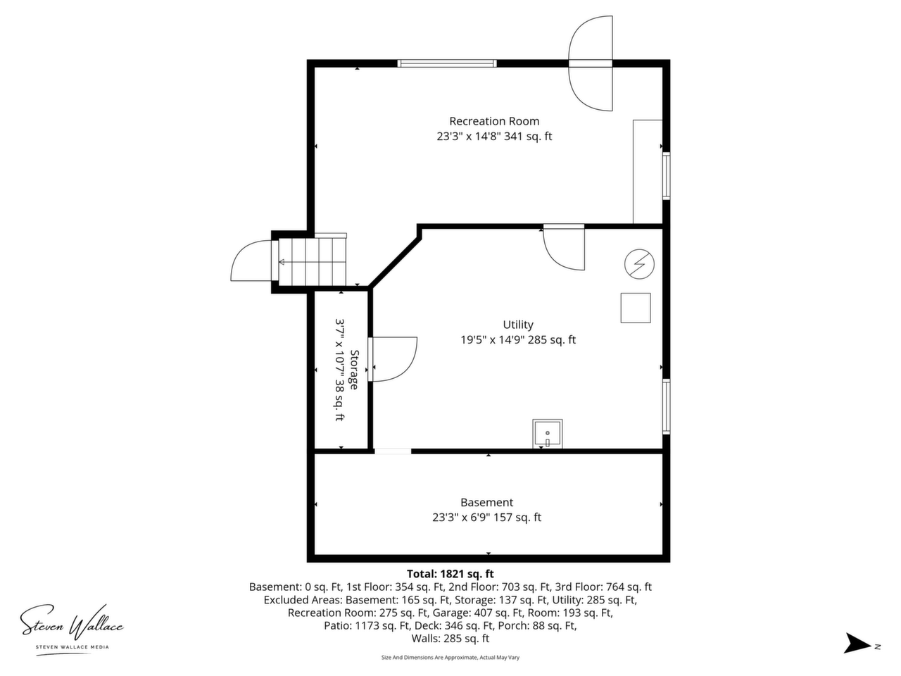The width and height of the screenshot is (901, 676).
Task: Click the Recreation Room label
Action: [x=494, y=122]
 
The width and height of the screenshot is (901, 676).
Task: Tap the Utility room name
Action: [x=518, y=325]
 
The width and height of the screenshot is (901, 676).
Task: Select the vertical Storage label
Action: [x=354, y=370]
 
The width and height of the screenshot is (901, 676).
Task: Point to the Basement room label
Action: [x=486, y=502]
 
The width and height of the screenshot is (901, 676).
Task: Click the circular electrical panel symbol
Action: [x=639, y=264]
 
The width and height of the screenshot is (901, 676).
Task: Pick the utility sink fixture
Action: [x=547, y=434]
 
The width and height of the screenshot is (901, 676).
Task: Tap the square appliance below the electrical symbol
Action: [x=636, y=308]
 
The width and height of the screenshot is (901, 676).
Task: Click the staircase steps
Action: [x=313, y=261]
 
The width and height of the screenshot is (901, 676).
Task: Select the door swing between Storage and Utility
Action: [x=393, y=359]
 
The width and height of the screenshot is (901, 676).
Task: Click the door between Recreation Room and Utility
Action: [x=564, y=247]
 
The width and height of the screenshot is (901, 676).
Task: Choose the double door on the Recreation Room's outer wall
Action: [x=591, y=63]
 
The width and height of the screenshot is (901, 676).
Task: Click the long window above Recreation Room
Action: [x=447, y=63]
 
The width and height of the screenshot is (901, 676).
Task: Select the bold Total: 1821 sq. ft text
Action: [x=450, y=574]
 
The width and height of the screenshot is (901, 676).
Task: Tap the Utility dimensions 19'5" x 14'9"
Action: [x=492, y=340]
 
